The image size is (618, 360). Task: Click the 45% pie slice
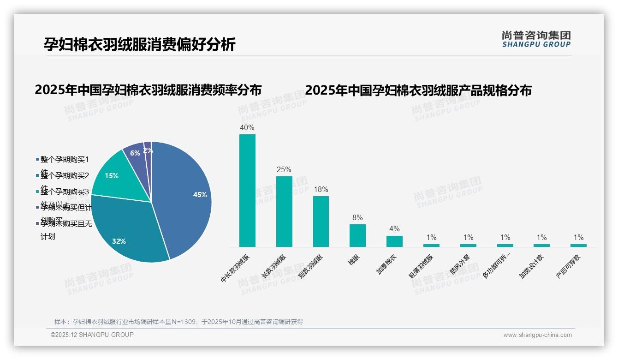(x=184, y=194)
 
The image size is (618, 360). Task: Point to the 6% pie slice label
(x=135, y=153)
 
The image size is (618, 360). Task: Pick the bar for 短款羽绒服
(x=321, y=222)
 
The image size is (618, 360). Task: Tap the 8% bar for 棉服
(x=357, y=235)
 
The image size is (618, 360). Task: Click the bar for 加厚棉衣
(x=394, y=241)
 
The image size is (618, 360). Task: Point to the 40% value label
(x=247, y=127)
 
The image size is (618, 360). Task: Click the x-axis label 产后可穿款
(x=569, y=267)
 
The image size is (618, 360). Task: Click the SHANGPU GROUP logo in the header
(x=536, y=39)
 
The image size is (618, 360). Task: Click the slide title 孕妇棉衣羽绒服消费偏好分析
(x=140, y=44)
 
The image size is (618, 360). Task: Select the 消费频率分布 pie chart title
(x=148, y=90)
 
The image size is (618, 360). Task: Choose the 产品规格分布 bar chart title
(x=418, y=90)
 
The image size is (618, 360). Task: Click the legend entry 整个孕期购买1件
(x=64, y=160)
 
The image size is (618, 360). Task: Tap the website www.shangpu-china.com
(x=537, y=335)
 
